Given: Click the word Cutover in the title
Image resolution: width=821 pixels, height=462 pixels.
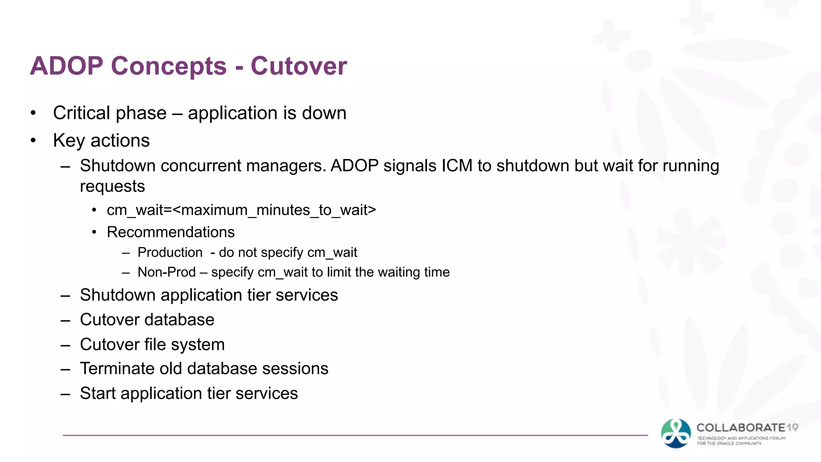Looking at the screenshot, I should pyautogui.click(x=299, y=66).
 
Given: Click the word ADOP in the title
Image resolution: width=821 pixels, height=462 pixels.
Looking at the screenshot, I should pyautogui.click(x=67, y=66).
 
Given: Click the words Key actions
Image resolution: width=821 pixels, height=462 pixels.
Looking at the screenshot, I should pyautogui.click(x=101, y=141).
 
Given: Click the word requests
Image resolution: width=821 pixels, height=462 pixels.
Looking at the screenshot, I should pyautogui.click(x=112, y=186).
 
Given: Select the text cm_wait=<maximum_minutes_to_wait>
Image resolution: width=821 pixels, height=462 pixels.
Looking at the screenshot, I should pyautogui.click(x=241, y=210).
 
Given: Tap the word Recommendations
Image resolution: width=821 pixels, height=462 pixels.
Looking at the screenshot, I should pyautogui.click(x=171, y=232).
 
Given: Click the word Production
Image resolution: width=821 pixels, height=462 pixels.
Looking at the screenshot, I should pyautogui.click(x=170, y=253).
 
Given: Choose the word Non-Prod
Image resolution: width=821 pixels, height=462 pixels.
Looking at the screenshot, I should pyautogui.click(x=166, y=272).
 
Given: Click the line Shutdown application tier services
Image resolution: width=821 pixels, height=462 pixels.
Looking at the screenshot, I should pyautogui.click(x=209, y=295).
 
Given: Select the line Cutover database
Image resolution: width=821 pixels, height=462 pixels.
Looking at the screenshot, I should pyautogui.click(x=147, y=320).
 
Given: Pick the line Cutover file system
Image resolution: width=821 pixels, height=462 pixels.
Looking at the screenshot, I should pyautogui.click(x=152, y=344).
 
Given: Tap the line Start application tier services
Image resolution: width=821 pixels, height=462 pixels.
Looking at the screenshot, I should pyautogui.click(x=189, y=393).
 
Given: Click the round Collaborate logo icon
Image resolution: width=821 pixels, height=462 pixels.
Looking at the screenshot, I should pyautogui.click(x=676, y=434).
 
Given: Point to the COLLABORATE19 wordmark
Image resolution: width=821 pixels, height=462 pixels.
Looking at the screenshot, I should pyautogui.click(x=747, y=428).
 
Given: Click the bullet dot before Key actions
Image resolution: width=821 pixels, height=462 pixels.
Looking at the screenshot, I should pyautogui.click(x=33, y=141).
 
